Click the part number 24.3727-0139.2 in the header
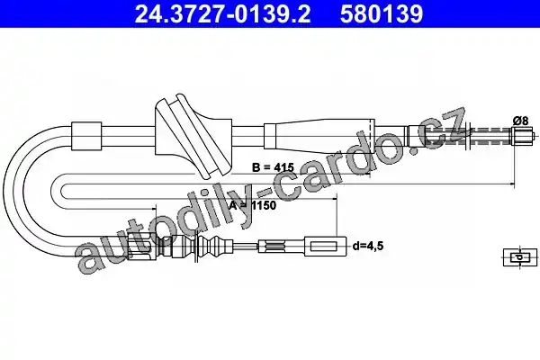pyautogui.click(x=222, y=14)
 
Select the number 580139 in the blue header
pyautogui.click(x=382, y=14)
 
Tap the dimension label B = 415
pyautogui.click(x=273, y=167)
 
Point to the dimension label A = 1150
pyautogui.click(x=253, y=205)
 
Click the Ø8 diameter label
pyautogui.click(x=520, y=121)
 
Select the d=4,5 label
pyautogui.click(x=368, y=246)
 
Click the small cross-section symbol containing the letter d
pyautogui.click(x=520, y=257)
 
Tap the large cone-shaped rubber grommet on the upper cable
pyautogui.click(x=193, y=136)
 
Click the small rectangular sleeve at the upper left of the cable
pyautogui.click(x=86, y=136)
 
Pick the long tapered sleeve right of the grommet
pyautogui.click(x=319, y=136)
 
